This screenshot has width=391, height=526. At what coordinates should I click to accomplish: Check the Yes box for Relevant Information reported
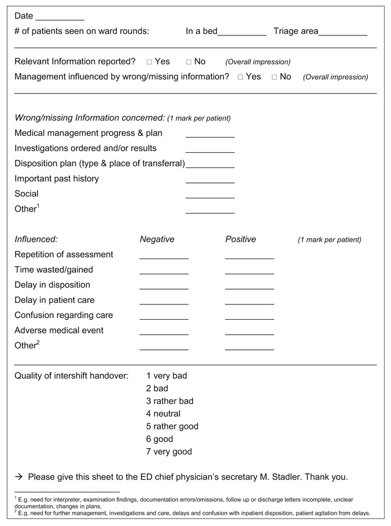click(x=150, y=62)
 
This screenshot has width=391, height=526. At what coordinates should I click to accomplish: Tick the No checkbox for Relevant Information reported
click(x=189, y=62)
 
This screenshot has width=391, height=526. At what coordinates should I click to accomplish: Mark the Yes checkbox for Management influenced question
click(x=240, y=77)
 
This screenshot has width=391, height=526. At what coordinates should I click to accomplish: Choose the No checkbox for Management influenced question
click(x=274, y=77)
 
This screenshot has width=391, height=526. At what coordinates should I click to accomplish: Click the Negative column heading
click(x=157, y=239)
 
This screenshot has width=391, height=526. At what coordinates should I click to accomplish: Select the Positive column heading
click(x=240, y=239)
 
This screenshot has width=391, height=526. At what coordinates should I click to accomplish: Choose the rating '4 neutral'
click(x=163, y=414)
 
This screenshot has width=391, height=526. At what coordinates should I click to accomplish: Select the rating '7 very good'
click(x=169, y=452)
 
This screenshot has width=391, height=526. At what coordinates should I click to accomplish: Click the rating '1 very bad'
click(x=166, y=376)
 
